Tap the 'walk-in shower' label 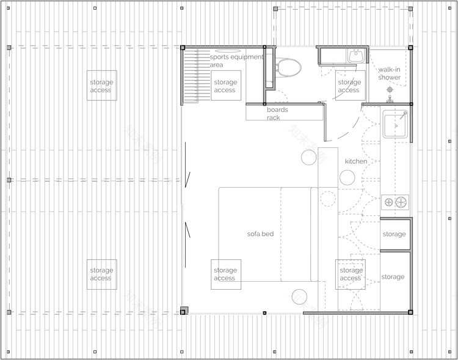point(389,73)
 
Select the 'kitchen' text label point(356,161)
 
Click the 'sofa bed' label point(260,233)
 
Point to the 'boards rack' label point(277,114)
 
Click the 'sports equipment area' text point(236,61)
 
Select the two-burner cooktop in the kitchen point(394,202)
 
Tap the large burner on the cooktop point(401,202)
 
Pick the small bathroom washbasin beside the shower point(355,57)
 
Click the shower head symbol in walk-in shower point(390,90)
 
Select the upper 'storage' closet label point(394,234)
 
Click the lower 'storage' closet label point(393,277)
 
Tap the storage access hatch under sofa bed point(225,274)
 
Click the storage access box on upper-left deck point(101,86)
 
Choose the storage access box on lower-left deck point(101,274)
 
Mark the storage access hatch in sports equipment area point(225,86)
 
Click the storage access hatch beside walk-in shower point(349,86)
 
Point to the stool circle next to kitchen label point(347,178)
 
